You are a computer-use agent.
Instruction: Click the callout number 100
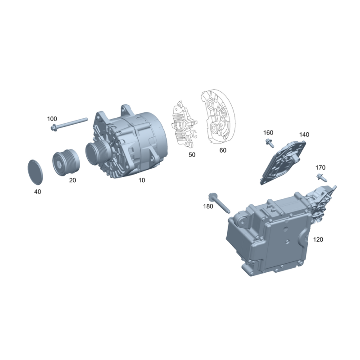click(x=52, y=119)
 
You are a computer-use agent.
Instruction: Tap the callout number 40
click(x=38, y=192)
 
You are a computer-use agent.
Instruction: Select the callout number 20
click(x=72, y=180)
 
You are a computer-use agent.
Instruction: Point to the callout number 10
click(x=142, y=180)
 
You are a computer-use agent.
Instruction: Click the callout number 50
click(x=192, y=155)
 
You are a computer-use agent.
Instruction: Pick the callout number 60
click(x=223, y=150)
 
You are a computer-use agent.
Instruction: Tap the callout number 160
click(x=268, y=133)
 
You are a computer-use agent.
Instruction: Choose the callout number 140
click(x=304, y=135)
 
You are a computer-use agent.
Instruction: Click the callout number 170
click(x=320, y=167)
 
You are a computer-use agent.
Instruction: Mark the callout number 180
click(x=208, y=207)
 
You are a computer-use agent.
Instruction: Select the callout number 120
click(x=318, y=239)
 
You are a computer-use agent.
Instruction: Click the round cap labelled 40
click(x=35, y=172)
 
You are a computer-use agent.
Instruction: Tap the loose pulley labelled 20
click(x=66, y=162)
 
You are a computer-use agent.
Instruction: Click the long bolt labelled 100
click(x=69, y=124)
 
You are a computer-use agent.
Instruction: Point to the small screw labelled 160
click(x=269, y=143)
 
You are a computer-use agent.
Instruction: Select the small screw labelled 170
click(x=322, y=177)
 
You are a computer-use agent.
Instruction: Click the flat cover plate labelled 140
click(x=283, y=162)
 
